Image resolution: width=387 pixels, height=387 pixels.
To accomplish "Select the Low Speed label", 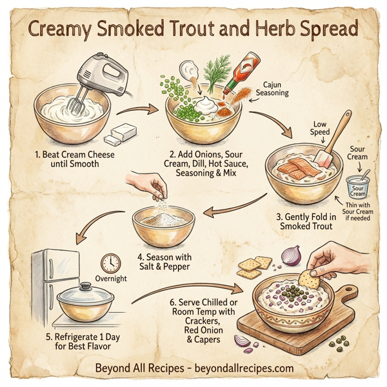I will point(321,127).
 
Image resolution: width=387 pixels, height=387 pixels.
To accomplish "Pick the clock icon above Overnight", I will point(111,263).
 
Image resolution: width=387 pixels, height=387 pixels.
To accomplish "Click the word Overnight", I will point(111,279).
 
